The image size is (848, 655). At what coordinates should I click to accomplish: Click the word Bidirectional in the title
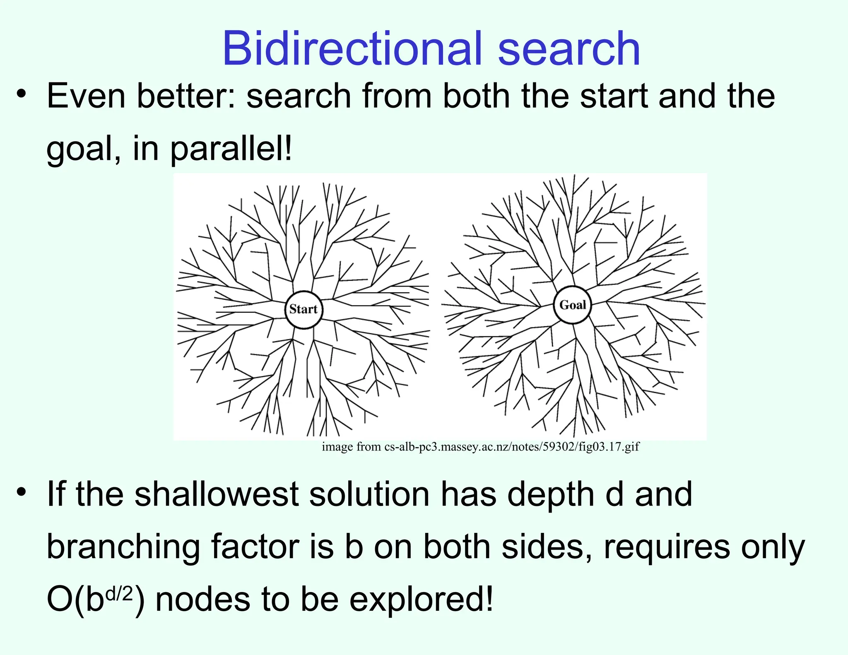(x=352, y=49)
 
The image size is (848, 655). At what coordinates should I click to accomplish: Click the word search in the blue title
(x=569, y=49)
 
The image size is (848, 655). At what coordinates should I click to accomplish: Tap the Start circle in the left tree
(x=304, y=309)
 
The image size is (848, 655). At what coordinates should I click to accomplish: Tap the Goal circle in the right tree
(x=573, y=305)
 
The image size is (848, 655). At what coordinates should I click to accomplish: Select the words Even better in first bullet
(x=141, y=96)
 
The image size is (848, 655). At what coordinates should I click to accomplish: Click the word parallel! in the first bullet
(x=231, y=149)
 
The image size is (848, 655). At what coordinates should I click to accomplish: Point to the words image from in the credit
(x=352, y=447)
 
